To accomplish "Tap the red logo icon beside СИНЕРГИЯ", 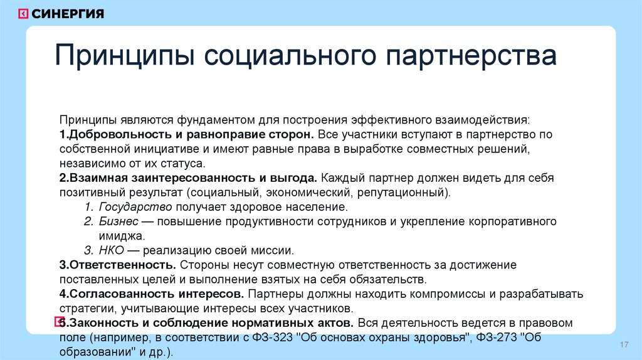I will [x=23, y=14].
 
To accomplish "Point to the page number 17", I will [x=624, y=346].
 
